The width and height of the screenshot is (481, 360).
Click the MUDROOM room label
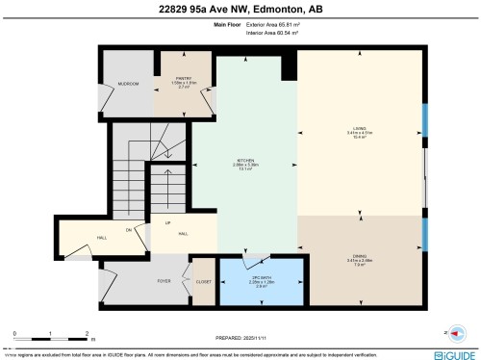tap(129, 85)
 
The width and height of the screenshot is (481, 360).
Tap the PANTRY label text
tap(185, 79)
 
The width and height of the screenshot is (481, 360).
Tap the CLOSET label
tap(204, 283)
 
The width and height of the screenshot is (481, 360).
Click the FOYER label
tap(164, 283)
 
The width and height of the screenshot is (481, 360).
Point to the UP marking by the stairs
tap(167, 223)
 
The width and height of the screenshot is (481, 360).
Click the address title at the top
tap(240, 10)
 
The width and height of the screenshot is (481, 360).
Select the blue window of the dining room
tap(424, 234)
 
